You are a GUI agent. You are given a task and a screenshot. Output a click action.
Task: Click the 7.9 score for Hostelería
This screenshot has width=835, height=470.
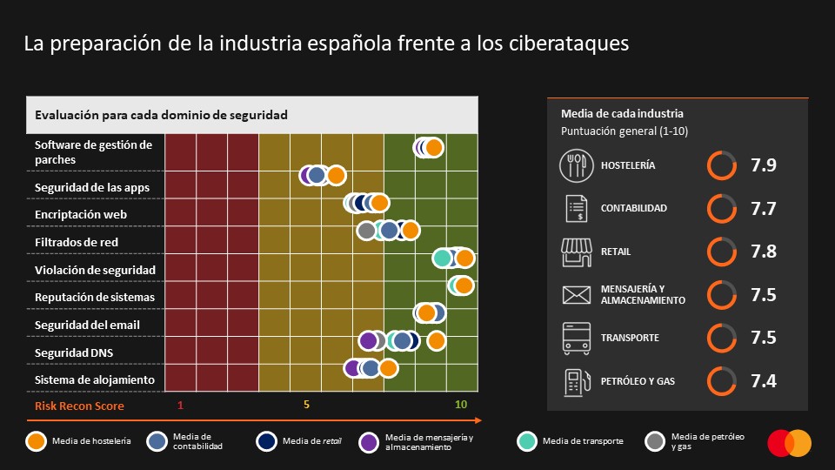[x=763, y=165]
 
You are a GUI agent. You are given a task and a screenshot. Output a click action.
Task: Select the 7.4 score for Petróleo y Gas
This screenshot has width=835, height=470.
[x=763, y=380]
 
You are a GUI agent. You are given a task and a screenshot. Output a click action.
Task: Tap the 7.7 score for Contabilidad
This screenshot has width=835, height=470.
[x=763, y=209]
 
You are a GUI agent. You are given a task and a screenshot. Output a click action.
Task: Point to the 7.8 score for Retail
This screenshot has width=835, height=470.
[x=763, y=252]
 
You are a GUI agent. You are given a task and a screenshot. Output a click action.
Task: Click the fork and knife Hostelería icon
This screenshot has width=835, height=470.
[x=575, y=165]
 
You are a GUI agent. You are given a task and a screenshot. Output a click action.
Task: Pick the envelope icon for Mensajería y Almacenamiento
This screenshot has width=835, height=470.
[x=575, y=295]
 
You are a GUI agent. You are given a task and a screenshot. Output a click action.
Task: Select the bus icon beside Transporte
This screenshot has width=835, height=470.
[x=575, y=338]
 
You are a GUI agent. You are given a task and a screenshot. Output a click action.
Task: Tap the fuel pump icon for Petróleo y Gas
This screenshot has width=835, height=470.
[x=575, y=381]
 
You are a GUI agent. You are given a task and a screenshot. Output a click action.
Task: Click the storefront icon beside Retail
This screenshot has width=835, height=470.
[x=575, y=252]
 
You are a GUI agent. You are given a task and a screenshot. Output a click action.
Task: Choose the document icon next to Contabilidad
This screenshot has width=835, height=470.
[x=575, y=209]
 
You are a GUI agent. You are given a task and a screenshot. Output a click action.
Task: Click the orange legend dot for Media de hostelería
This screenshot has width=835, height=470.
[x=36, y=441]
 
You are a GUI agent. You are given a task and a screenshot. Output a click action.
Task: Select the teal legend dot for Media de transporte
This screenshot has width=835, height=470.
[x=525, y=441]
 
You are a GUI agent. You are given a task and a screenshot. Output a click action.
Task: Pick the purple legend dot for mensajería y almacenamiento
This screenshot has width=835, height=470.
[x=368, y=441]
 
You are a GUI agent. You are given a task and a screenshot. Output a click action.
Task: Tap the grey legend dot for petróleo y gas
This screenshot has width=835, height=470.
[x=655, y=441]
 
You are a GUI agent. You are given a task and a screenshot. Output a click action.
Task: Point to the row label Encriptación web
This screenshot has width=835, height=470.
[x=81, y=214]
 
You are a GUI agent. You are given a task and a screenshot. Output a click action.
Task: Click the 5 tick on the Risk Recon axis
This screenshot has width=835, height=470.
[x=306, y=405]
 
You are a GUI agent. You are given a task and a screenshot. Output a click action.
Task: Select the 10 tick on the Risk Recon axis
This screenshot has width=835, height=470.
[x=461, y=405]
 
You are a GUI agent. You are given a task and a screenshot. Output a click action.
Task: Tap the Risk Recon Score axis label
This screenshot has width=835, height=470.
[x=79, y=406]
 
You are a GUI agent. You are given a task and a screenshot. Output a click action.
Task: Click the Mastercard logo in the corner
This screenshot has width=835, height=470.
[x=789, y=443]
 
